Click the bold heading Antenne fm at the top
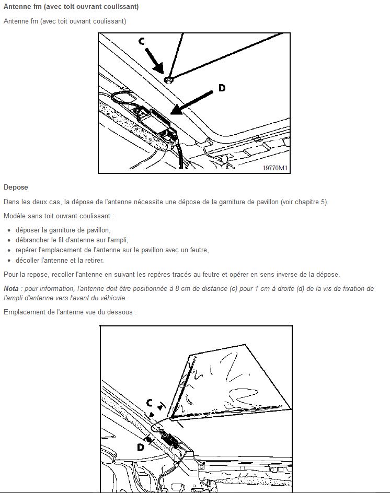[x=71, y=7]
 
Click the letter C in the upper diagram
[x=142, y=41]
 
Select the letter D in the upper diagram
[x=222, y=88]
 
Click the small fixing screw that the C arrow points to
[x=168, y=79]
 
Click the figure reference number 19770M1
[x=275, y=168]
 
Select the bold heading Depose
[x=16, y=187]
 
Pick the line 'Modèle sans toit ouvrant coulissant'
[x=59, y=216]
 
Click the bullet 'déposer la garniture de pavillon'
[x=63, y=230]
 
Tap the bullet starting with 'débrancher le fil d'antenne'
[x=72, y=240]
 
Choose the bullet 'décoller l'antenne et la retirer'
[x=60, y=260]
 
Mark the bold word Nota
[x=11, y=288]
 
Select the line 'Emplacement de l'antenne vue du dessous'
[x=70, y=312]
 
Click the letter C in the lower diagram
[x=150, y=403]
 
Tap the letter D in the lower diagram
[x=141, y=447]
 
